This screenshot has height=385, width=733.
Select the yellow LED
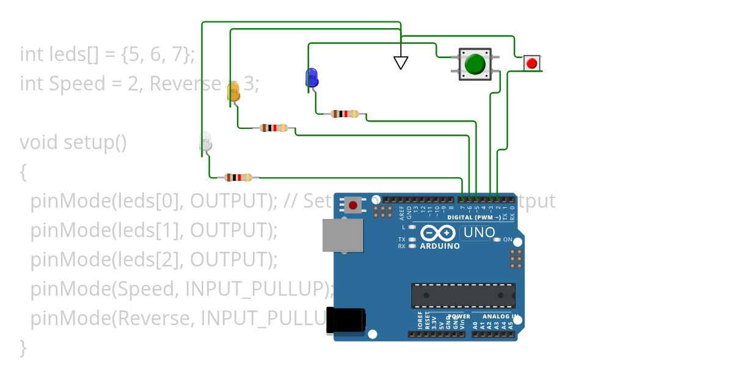pos(233,92)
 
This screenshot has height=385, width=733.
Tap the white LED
pos(206,142)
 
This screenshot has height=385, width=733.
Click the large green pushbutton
pos(475,64)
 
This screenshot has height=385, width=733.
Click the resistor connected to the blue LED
pos(345,114)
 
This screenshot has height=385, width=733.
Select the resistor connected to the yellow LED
pos(274,128)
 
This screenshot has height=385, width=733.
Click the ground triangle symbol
pos(401,62)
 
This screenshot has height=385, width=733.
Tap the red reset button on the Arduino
pos(353,205)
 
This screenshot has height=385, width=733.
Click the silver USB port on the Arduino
pos(342,235)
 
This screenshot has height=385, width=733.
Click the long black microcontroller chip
pos(463,295)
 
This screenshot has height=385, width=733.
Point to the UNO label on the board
pos(479,232)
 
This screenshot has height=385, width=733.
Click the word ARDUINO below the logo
pos(440,246)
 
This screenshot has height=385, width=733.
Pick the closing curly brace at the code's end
pos(23,347)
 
